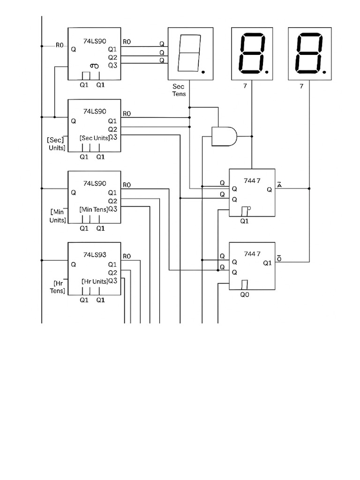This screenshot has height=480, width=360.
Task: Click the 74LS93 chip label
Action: point(95,255)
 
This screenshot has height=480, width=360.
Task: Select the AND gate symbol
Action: point(224,136)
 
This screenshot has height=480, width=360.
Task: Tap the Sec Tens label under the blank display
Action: point(179,90)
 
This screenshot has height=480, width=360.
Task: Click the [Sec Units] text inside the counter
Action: point(95,138)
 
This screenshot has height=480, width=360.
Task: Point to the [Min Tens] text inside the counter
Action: point(94,209)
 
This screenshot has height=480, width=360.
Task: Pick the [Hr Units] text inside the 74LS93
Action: point(95,281)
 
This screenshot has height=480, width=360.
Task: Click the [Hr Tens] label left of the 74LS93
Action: point(58,287)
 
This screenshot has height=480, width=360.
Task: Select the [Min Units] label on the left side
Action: point(58,216)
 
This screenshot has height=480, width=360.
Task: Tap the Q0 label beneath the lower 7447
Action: point(245,295)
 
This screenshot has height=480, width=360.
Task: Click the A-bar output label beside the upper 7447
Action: point(279,185)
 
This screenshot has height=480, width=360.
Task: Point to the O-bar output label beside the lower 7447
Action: point(279,258)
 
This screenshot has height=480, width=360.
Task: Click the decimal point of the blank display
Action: point(203,72)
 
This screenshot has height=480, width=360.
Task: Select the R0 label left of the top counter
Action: point(60,45)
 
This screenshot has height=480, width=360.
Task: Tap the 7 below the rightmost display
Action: point(301,86)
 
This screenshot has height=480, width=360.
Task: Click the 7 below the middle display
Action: point(245,86)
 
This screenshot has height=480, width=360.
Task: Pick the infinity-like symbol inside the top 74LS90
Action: point(94,66)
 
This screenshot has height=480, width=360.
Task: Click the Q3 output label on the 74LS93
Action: point(112,281)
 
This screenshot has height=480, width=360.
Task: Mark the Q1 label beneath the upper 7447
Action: point(244,221)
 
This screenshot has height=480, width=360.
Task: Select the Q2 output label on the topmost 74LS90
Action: point(112,57)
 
